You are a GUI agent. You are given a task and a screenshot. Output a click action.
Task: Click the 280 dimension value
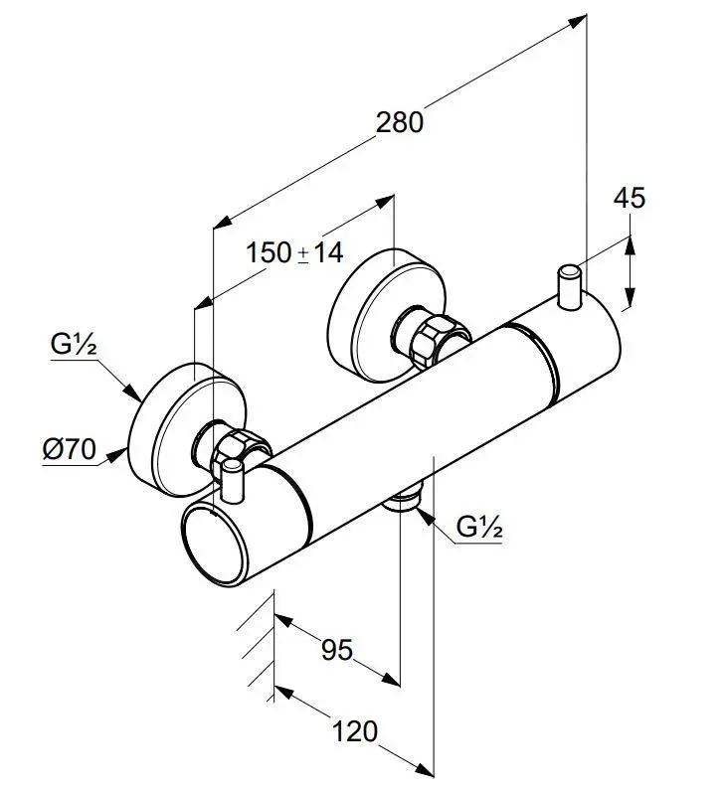click(400, 121)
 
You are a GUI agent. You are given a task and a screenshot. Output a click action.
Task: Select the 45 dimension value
click(629, 198)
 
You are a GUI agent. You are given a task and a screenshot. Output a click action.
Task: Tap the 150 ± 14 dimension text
click(294, 253)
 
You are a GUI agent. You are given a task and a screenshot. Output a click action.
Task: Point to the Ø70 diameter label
click(69, 450)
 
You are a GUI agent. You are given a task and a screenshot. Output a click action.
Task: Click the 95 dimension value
click(336, 650)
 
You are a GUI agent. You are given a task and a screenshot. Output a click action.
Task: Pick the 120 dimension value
click(354, 732)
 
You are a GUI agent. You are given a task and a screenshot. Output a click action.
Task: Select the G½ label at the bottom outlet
click(480, 528)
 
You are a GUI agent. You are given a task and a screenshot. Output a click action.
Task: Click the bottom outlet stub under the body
click(403, 500)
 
